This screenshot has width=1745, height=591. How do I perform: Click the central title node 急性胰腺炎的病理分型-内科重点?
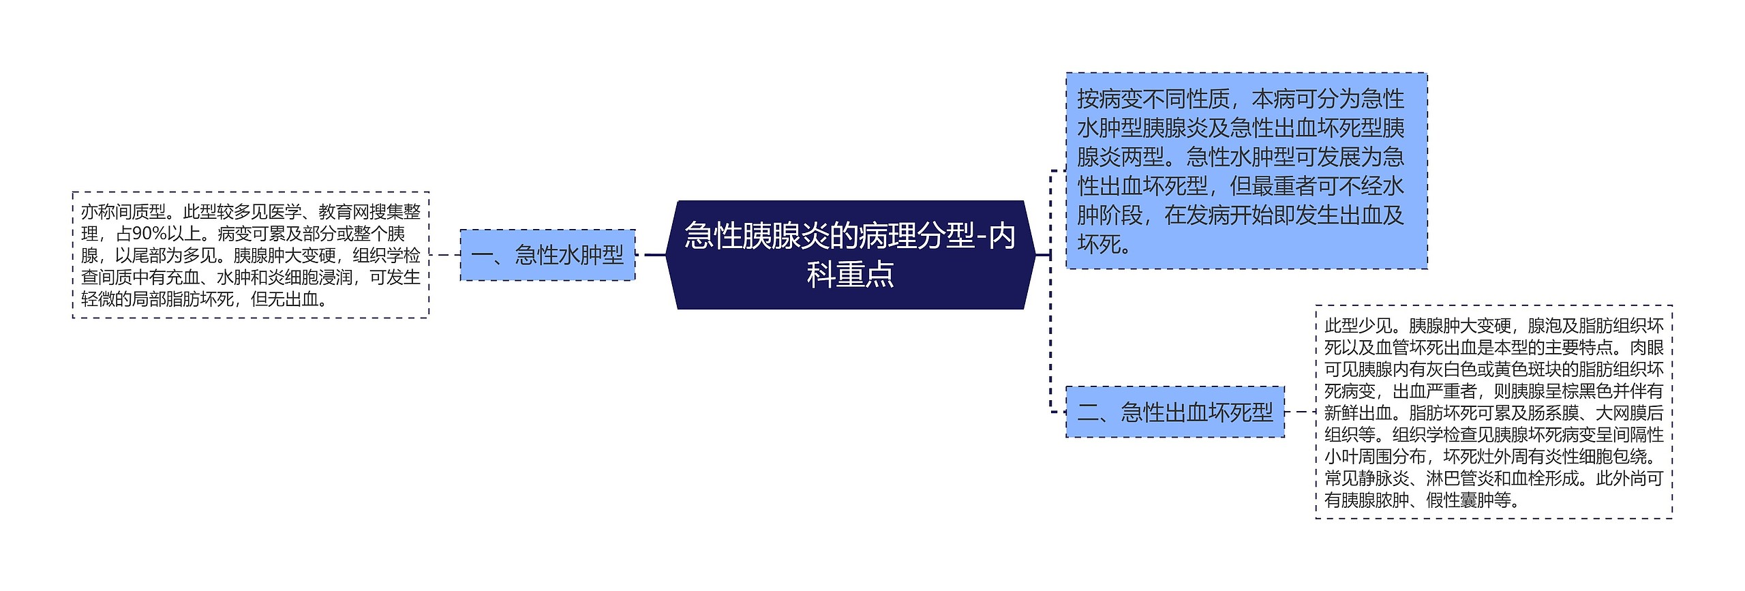(850, 254)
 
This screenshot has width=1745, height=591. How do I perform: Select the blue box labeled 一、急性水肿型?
(547, 255)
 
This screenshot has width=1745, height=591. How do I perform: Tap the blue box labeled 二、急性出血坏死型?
(1174, 412)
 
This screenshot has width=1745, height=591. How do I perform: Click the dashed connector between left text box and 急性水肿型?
(444, 255)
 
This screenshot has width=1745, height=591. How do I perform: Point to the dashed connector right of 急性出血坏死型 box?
(1300, 412)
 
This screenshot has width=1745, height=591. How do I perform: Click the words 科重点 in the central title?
(850, 275)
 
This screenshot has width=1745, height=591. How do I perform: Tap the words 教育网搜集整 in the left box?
(369, 212)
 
